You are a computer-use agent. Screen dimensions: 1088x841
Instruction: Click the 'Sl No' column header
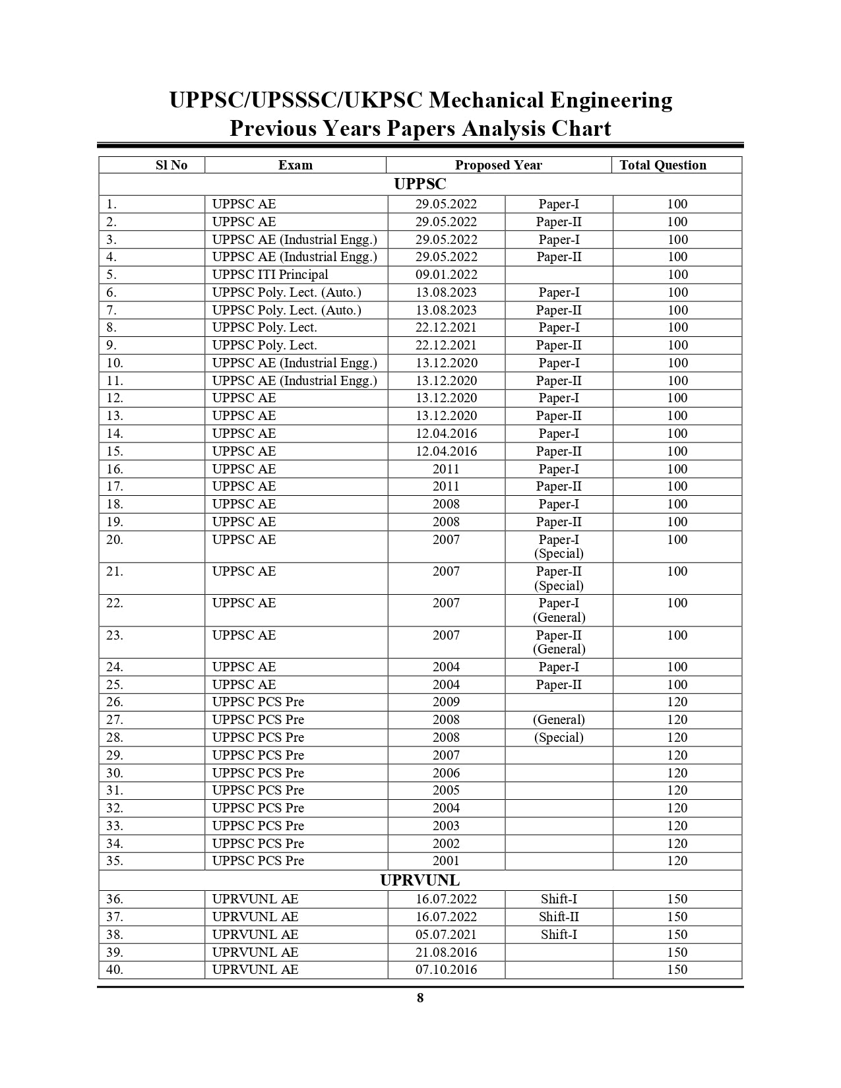[171, 166]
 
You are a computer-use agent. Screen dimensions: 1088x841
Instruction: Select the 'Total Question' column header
[662, 166]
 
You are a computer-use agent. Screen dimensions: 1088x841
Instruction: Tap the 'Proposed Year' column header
[498, 166]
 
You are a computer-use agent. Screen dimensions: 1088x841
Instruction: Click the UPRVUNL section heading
[420, 881]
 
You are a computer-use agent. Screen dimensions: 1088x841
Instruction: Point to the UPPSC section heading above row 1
[420, 185]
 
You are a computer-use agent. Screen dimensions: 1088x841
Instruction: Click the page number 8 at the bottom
[420, 998]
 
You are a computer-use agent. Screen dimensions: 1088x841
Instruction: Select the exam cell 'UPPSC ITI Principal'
[270, 275]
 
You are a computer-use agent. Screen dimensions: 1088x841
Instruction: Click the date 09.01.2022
[446, 275]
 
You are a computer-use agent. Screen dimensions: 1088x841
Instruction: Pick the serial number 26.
[115, 702]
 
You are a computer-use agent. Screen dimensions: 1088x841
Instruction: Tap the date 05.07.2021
[446, 935]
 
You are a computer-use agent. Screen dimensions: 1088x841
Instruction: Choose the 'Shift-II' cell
[559, 917]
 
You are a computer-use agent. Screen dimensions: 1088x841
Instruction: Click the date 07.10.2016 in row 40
[446, 970]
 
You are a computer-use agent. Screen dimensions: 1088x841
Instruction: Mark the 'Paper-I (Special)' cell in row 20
[559, 547]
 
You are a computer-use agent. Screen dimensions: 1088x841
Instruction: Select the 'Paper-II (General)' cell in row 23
[559, 642]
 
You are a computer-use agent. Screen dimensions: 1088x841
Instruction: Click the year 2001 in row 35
[446, 861]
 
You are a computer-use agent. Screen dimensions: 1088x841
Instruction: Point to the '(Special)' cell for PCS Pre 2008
[559, 738]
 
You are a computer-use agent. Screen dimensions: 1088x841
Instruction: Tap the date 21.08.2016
[446, 953]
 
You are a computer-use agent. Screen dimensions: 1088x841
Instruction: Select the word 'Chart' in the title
[581, 128]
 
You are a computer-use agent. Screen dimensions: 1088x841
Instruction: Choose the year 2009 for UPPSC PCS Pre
[446, 702]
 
